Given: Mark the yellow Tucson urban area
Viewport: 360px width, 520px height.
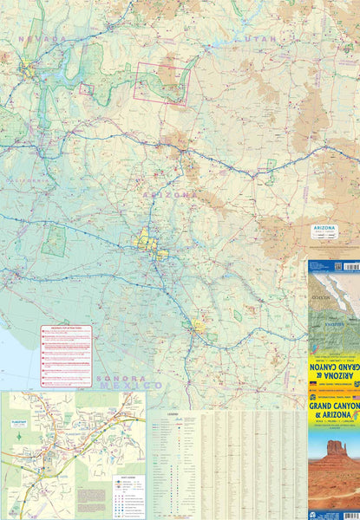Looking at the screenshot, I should pos(200,328).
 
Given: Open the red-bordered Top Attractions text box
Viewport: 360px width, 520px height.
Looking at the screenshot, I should pos(66,356).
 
